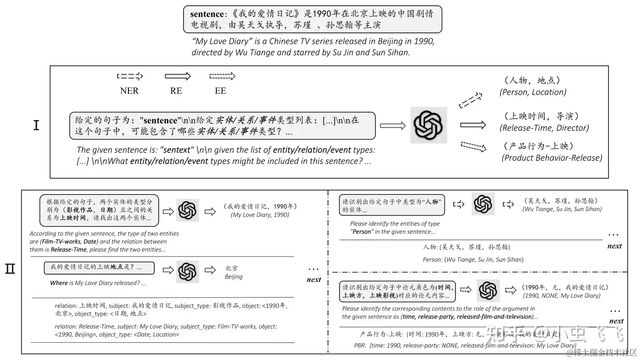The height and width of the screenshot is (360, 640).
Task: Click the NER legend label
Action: pyautogui.click(x=129, y=91)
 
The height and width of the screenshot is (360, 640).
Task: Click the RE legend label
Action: pyautogui.click(x=176, y=91)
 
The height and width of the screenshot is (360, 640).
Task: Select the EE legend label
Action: pyautogui.click(x=220, y=91)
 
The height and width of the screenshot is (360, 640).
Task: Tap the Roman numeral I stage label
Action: pyautogui.click(x=36, y=125)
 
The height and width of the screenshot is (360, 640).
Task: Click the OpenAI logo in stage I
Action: pyautogui.click(x=428, y=125)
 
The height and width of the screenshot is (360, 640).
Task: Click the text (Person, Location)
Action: pyautogui.click(x=533, y=92)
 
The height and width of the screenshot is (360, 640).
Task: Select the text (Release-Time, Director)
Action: pyautogui.click(x=544, y=128)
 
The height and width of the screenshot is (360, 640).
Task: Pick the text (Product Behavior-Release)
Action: pyautogui.click(x=552, y=158)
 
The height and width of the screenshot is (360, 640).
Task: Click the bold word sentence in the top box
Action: pyautogui.click(x=208, y=14)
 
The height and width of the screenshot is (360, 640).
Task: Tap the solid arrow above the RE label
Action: pyautogui.click(x=177, y=76)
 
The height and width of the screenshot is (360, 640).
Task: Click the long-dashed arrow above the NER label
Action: pyautogui.click(x=130, y=76)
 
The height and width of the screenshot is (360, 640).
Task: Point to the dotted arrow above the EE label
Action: pyautogui.click(x=222, y=76)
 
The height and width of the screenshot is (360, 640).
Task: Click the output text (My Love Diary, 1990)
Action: pyautogui.click(x=260, y=215)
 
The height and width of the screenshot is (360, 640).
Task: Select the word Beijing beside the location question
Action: pyautogui.click(x=234, y=276)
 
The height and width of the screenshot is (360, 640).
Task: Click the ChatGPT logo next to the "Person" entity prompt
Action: pyautogui.click(x=483, y=204)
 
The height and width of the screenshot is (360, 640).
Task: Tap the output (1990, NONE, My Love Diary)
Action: pyautogui.click(x=562, y=296)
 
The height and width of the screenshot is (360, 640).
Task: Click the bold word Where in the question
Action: pyautogui.click(x=59, y=283)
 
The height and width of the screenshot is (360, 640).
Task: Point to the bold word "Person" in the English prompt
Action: pyautogui.click(x=361, y=232)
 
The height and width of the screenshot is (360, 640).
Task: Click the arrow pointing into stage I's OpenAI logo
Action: pyautogui.click(x=393, y=126)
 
